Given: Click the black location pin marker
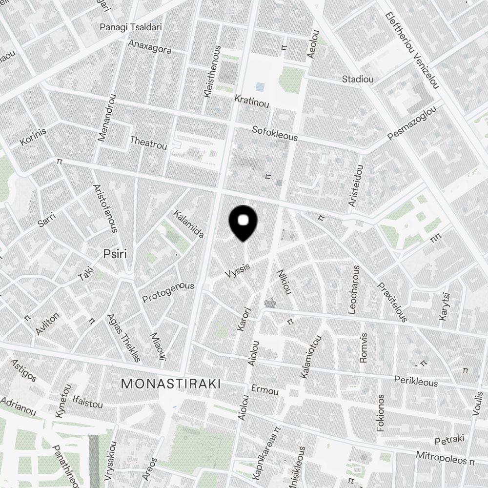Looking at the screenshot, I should (x=243, y=222).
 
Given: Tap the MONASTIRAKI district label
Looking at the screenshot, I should (x=171, y=384).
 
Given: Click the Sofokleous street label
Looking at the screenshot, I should (x=275, y=133).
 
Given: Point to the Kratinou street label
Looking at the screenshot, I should (x=252, y=101).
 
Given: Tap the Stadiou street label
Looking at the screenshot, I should (x=358, y=79).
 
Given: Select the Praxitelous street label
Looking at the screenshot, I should (x=392, y=301).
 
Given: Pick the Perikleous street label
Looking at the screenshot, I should (x=416, y=381).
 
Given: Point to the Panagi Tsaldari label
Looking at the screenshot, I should (x=131, y=27).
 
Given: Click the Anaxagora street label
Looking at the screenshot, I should (x=150, y=47).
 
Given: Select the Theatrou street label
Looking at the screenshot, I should (x=148, y=142).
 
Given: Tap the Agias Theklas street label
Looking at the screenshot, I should (x=123, y=338).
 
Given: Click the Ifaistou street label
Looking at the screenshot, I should (x=87, y=404).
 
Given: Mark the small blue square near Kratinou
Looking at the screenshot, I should (x=261, y=87).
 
